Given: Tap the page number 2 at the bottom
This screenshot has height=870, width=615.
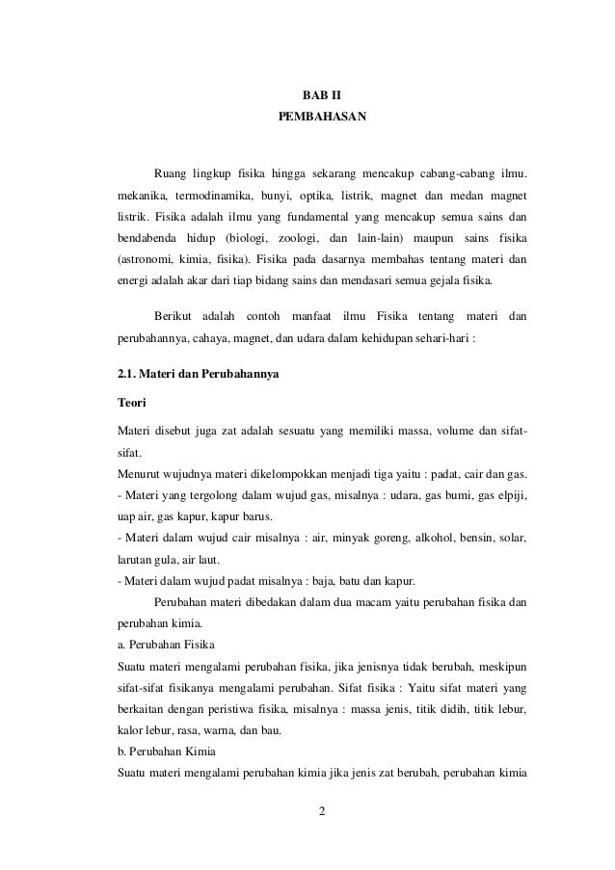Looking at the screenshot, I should (x=323, y=820).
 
